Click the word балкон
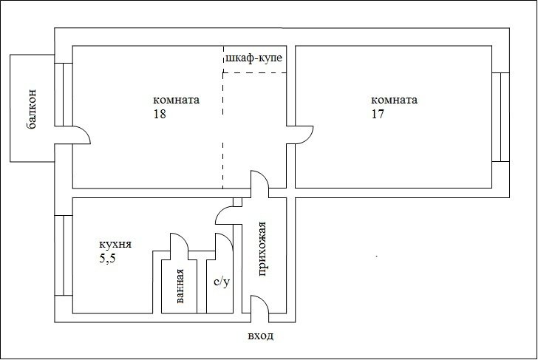pyautogui.click(x=31, y=109)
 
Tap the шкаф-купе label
pyautogui.click(x=254, y=58)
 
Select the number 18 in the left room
pyautogui.click(x=160, y=114)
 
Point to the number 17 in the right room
pyautogui.click(x=378, y=114)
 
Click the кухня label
pyautogui.click(x=115, y=245)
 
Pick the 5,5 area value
pyautogui.click(x=107, y=259)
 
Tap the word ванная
pyautogui.click(x=180, y=286)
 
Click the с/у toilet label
pyautogui.click(x=221, y=282)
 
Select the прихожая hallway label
pyautogui.click(x=262, y=249)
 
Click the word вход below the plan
pyautogui.click(x=261, y=336)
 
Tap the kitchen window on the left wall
pyautogui.click(x=64, y=255)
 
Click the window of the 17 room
pyautogui.click(x=500, y=117)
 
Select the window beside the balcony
pyautogui.click(x=64, y=95)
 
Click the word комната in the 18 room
pyautogui.click(x=176, y=100)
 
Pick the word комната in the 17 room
pyautogui.click(x=394, y=100)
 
